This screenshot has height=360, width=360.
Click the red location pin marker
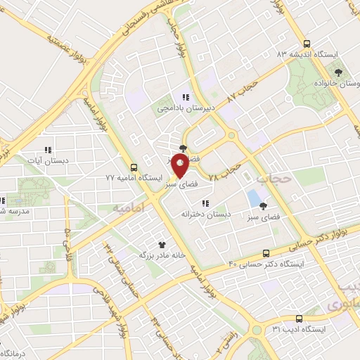pyautogui.click(x=180, y=167)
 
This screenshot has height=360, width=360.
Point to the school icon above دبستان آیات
pyautogui.click(x=48, y=149)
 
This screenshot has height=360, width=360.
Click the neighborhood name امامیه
pyautogui.click(x=127, y=208)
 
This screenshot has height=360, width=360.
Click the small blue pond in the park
pyautogui.click(x=252, y=198)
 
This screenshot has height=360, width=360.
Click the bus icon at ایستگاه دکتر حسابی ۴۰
pyautogui.click(x=266, y=252)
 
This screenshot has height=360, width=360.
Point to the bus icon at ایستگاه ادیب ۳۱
pyautogui.click(x=299, y=318)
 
